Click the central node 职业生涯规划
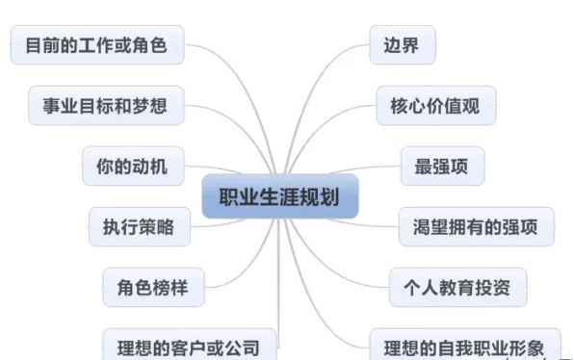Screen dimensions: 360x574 (x=279, y=197)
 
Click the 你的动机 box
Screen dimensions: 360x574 (x=124, y=166)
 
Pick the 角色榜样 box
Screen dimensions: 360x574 (x=153, y=286)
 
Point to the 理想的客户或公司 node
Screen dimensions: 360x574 (x=190, y=344)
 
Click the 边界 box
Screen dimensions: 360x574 (x=402, y=45)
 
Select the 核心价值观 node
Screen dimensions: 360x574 (x=436, y=105)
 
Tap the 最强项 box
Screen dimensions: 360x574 (x=441, y=166)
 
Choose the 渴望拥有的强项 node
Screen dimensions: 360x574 (x=477, y=226)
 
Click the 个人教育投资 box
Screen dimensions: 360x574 (x=457, y=286)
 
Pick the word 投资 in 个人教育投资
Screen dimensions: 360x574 (x=493, y=286)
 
